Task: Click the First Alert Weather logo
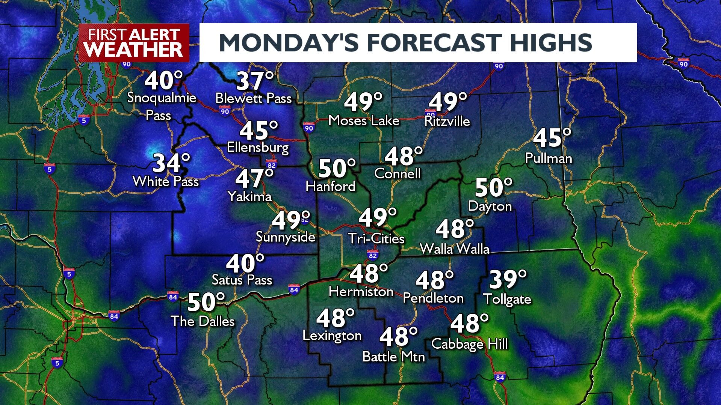click(x=134, y=42)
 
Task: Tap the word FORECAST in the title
click(x=434, y=42)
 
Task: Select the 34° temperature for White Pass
click(x=171, y=164)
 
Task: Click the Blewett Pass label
click(x=253, y=98)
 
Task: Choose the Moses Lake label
click(x=363, y=120)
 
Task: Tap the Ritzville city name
click(x=447, y=121)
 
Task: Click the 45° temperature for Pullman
click(x=552, y=138)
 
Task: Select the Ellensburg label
click(x=258, y=147)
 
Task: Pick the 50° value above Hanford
click(x=336, y=169)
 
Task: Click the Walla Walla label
click(x=454, y=249)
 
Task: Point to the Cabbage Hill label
click(x=469, y=344)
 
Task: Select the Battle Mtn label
click(x=393, y=357)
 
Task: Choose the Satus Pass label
click(x=242, y=280)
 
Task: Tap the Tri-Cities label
click(x=376, y=239)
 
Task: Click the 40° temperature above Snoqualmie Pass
click(x=163, y=81)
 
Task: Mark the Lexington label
click(x=332, y=336)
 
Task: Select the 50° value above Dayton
click(x=493, y=188)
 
